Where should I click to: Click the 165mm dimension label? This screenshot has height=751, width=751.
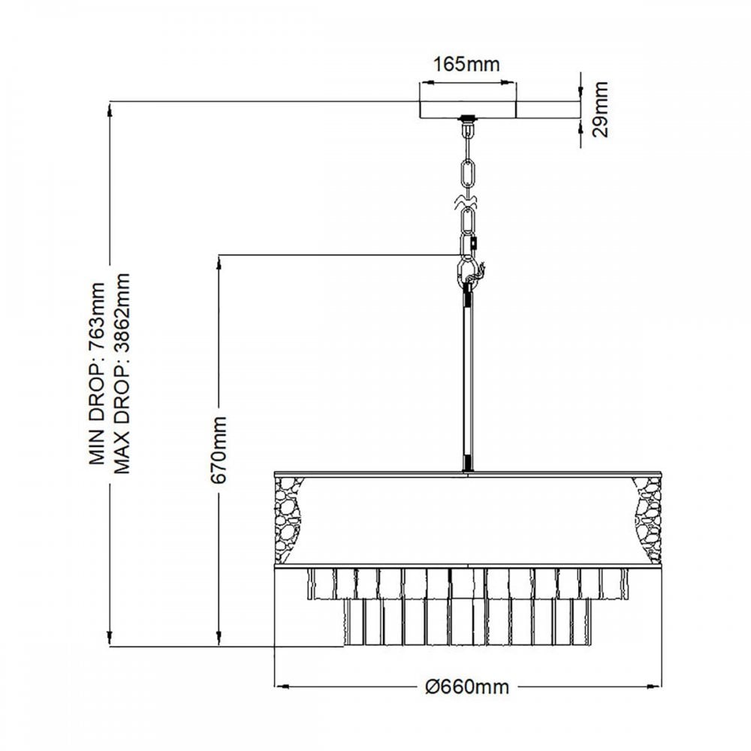click(467, 65)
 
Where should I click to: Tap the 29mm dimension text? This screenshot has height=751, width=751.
click(601, 110)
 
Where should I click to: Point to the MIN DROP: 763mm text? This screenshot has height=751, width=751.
click(97, 374)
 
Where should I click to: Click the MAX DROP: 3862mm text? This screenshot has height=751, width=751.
click(122, 374)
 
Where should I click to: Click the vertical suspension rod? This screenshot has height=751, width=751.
click(468, 375)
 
